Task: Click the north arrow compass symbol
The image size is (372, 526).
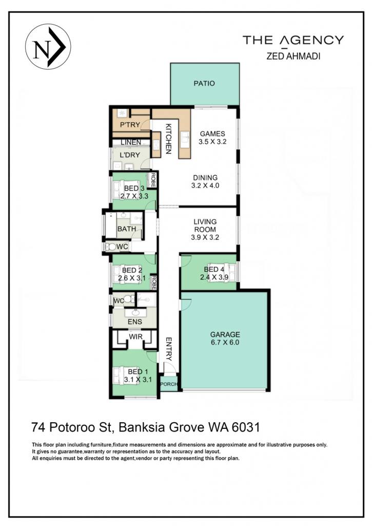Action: tap(48, 47)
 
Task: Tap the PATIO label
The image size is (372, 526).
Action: tap(204, 83)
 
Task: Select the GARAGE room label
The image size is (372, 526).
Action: tap(225, 334)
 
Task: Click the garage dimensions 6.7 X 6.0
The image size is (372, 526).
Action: tap(225, 343)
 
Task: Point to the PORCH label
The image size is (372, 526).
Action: tap(169, 384)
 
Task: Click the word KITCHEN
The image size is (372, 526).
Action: tap(168, 139)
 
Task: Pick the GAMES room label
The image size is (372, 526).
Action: tap(212, 134)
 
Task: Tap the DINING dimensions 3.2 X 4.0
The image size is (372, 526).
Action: tap(205, 185)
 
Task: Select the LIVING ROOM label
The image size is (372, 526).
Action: tap(205, 226)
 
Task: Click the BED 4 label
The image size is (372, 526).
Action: tap(214, 269)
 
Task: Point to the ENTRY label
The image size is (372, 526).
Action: tap(169, 349)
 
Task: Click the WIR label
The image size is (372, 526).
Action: tap(135, 336)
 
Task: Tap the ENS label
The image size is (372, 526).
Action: tap(135, 322)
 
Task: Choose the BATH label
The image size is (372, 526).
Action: tap(126, 229)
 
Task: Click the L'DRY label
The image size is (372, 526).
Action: tap(130, 155)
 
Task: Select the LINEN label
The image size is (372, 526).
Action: tap(131, 142)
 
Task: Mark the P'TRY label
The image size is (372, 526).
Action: tap(130, 125)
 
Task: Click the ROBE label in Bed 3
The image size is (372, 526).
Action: tap(153, 180)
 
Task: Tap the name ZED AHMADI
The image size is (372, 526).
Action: tap(293, 56)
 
